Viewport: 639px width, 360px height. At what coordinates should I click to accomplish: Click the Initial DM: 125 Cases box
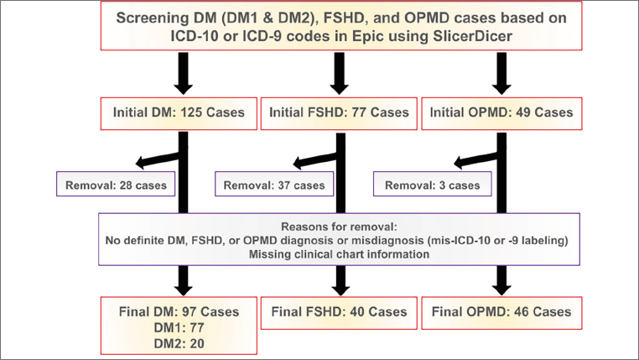coord(177,112)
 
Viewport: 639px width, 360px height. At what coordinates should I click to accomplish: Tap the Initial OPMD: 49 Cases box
coord(501,112)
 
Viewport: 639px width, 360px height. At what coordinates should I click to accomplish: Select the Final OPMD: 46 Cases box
coord(501,312)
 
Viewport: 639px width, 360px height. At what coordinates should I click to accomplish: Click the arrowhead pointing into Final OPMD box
coord(501,289)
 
